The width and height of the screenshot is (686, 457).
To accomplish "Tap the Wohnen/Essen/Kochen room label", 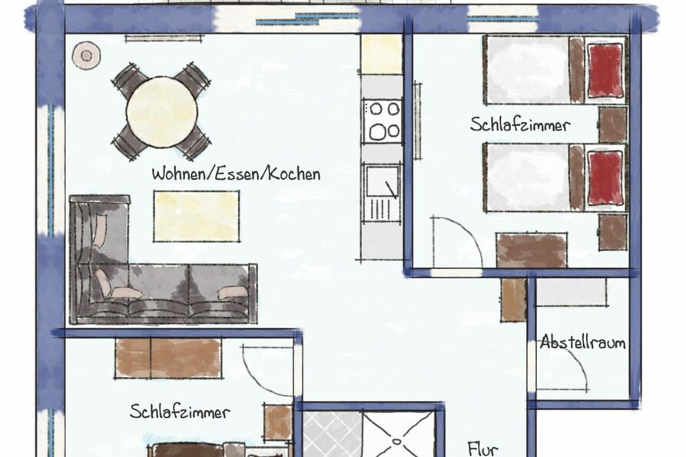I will tap(235, 174).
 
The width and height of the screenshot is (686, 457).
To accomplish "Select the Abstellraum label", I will tap(582, 343).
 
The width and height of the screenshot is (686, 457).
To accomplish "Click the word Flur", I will tap(482, 449).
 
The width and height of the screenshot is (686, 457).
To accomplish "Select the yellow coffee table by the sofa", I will tap(197, 215).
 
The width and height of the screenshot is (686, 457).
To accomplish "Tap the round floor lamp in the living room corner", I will tap(84, 54).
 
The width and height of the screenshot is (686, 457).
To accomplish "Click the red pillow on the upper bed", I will tap(605, 69).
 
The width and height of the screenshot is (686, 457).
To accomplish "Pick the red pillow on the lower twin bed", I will tap(605, 177).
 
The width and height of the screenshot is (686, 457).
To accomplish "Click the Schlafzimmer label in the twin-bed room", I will tap(520, 124).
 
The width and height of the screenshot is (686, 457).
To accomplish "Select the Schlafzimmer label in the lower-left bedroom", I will tap(180, 412).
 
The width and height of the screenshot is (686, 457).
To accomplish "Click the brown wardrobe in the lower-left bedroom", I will tap(168, 358).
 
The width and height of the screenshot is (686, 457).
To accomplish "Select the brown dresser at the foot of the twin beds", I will tap(532, 250).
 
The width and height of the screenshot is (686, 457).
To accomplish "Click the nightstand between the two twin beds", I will tap(613, 124).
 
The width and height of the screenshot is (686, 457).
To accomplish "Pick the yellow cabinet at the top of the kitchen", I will tap(382, 54).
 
